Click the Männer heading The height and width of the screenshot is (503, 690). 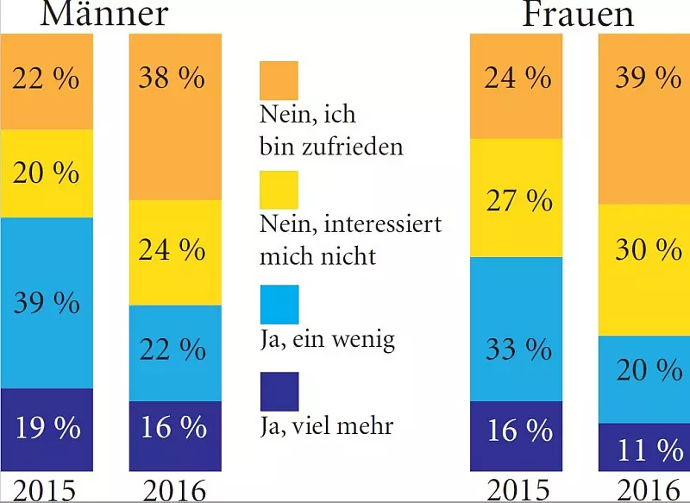click(103, 13)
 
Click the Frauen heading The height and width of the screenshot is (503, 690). click(578, 13)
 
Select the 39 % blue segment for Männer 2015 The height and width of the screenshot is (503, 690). click(46, 303)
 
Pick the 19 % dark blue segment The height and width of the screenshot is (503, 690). click(46, 428)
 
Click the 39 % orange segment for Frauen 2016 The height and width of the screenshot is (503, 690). click(644, 119)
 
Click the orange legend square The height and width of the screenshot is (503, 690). click(279, 80)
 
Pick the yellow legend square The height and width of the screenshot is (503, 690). click(279, 190)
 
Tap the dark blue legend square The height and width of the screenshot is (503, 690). click(279, 391)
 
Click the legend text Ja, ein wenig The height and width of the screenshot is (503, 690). click(327, 340)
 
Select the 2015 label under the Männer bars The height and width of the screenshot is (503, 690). click(45, 489)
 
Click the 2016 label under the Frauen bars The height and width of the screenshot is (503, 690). click(644, 489)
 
